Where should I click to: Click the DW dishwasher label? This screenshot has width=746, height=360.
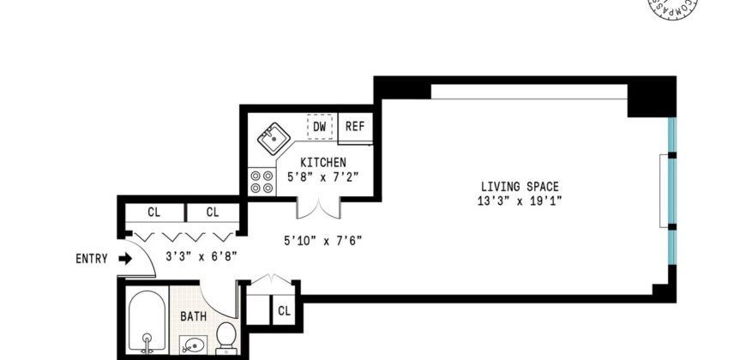coord(319,127)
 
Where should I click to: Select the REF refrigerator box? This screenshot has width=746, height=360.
coord(354,127)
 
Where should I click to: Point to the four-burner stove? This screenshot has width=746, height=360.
coord(256,181)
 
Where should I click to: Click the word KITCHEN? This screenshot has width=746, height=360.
coord(322,163)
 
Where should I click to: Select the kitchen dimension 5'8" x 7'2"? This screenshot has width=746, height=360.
coord(322,177)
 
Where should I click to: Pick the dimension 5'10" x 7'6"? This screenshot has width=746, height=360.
coord(323,240)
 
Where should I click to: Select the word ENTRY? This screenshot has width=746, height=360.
coord(92,259)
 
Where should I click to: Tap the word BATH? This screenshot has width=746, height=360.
coord(192,316)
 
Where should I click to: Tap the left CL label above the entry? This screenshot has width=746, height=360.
coord(153,212)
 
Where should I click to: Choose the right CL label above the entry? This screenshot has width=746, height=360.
coord(212,212)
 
